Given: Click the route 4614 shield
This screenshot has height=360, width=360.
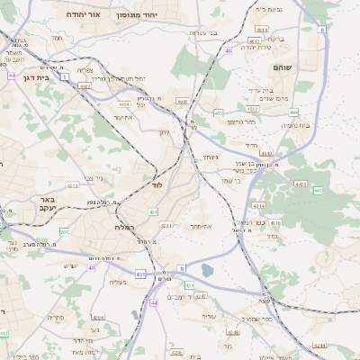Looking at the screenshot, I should [x=261, y=30].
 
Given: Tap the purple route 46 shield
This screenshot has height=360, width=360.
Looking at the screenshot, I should [x=229, y=51].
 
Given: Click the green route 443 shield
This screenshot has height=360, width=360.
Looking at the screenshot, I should [x=317, y=191].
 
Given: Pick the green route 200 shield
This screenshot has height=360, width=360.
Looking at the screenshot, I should [x=64, y=232].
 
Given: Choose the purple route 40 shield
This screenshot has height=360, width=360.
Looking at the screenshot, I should [x=92, y=267].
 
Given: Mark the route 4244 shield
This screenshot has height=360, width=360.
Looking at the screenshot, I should [x=319, y=344].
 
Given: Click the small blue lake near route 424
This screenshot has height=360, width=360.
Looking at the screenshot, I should [x=208, y=270].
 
